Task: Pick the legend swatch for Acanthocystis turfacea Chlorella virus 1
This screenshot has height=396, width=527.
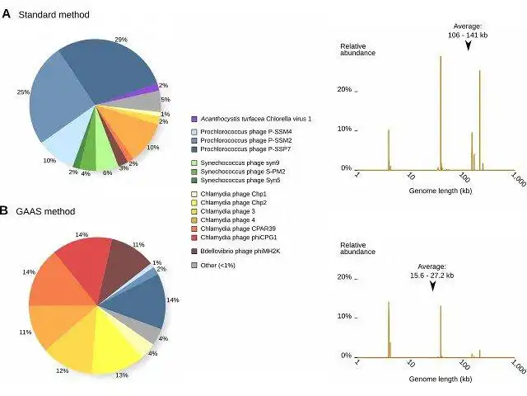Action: coord(194,119)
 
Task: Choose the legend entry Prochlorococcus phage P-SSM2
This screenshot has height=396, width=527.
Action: coord(239,139)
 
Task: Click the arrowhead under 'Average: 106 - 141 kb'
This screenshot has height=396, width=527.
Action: coord(468,47)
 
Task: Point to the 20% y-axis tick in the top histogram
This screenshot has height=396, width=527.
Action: coord(347,89)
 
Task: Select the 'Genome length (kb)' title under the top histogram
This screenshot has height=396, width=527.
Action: coord(441,190)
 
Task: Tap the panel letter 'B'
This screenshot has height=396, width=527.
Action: coord(5,210)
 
